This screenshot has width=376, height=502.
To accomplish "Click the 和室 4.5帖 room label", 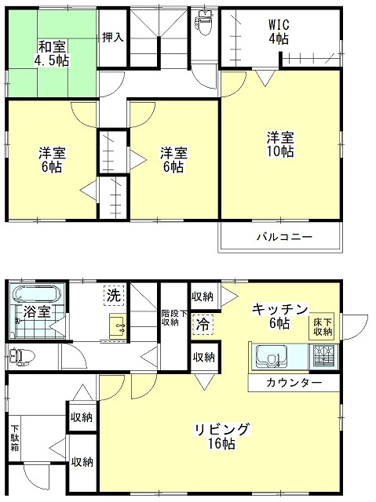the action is click(52, 53).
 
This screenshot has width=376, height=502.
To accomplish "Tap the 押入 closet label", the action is click(113, 38).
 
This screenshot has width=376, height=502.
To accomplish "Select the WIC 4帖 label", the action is click(279, 31).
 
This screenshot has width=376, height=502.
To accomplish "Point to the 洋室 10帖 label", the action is click(280, 144).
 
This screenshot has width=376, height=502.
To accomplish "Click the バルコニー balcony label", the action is click(284, 237).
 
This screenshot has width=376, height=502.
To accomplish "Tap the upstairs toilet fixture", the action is click(204, 23).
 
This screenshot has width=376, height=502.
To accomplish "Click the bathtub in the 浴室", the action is click(37, 294).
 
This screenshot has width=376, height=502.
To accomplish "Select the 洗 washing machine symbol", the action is click(114, 295).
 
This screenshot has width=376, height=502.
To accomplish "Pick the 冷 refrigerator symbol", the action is click(203, 325).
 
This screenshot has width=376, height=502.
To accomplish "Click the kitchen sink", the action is click(270, 356).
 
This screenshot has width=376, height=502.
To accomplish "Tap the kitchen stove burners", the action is click(323, 356).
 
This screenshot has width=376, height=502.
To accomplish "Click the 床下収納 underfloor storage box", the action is click(321, 326).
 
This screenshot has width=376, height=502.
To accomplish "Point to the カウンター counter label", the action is click(294, 383).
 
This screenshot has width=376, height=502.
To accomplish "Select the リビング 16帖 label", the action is click(222, 436).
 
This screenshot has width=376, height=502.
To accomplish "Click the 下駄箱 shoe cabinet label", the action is click(15, 438).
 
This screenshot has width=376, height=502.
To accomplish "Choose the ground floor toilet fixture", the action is click(21, 357).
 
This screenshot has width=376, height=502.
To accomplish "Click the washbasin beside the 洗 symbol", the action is click(119, 326).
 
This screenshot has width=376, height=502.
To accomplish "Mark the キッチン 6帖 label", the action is click(280, 316).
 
